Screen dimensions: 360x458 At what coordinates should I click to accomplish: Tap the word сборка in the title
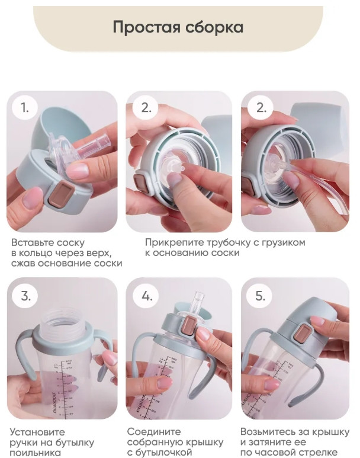tap(214, 27)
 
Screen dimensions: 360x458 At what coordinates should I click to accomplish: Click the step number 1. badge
tap(25, 107)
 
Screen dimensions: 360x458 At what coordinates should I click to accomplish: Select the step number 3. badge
tap(25, 296)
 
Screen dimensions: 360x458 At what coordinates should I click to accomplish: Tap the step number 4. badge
tap(147, 296)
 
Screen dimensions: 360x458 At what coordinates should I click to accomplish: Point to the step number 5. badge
tap(260, 296)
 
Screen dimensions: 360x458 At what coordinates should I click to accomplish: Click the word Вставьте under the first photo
tap(33, 242)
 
